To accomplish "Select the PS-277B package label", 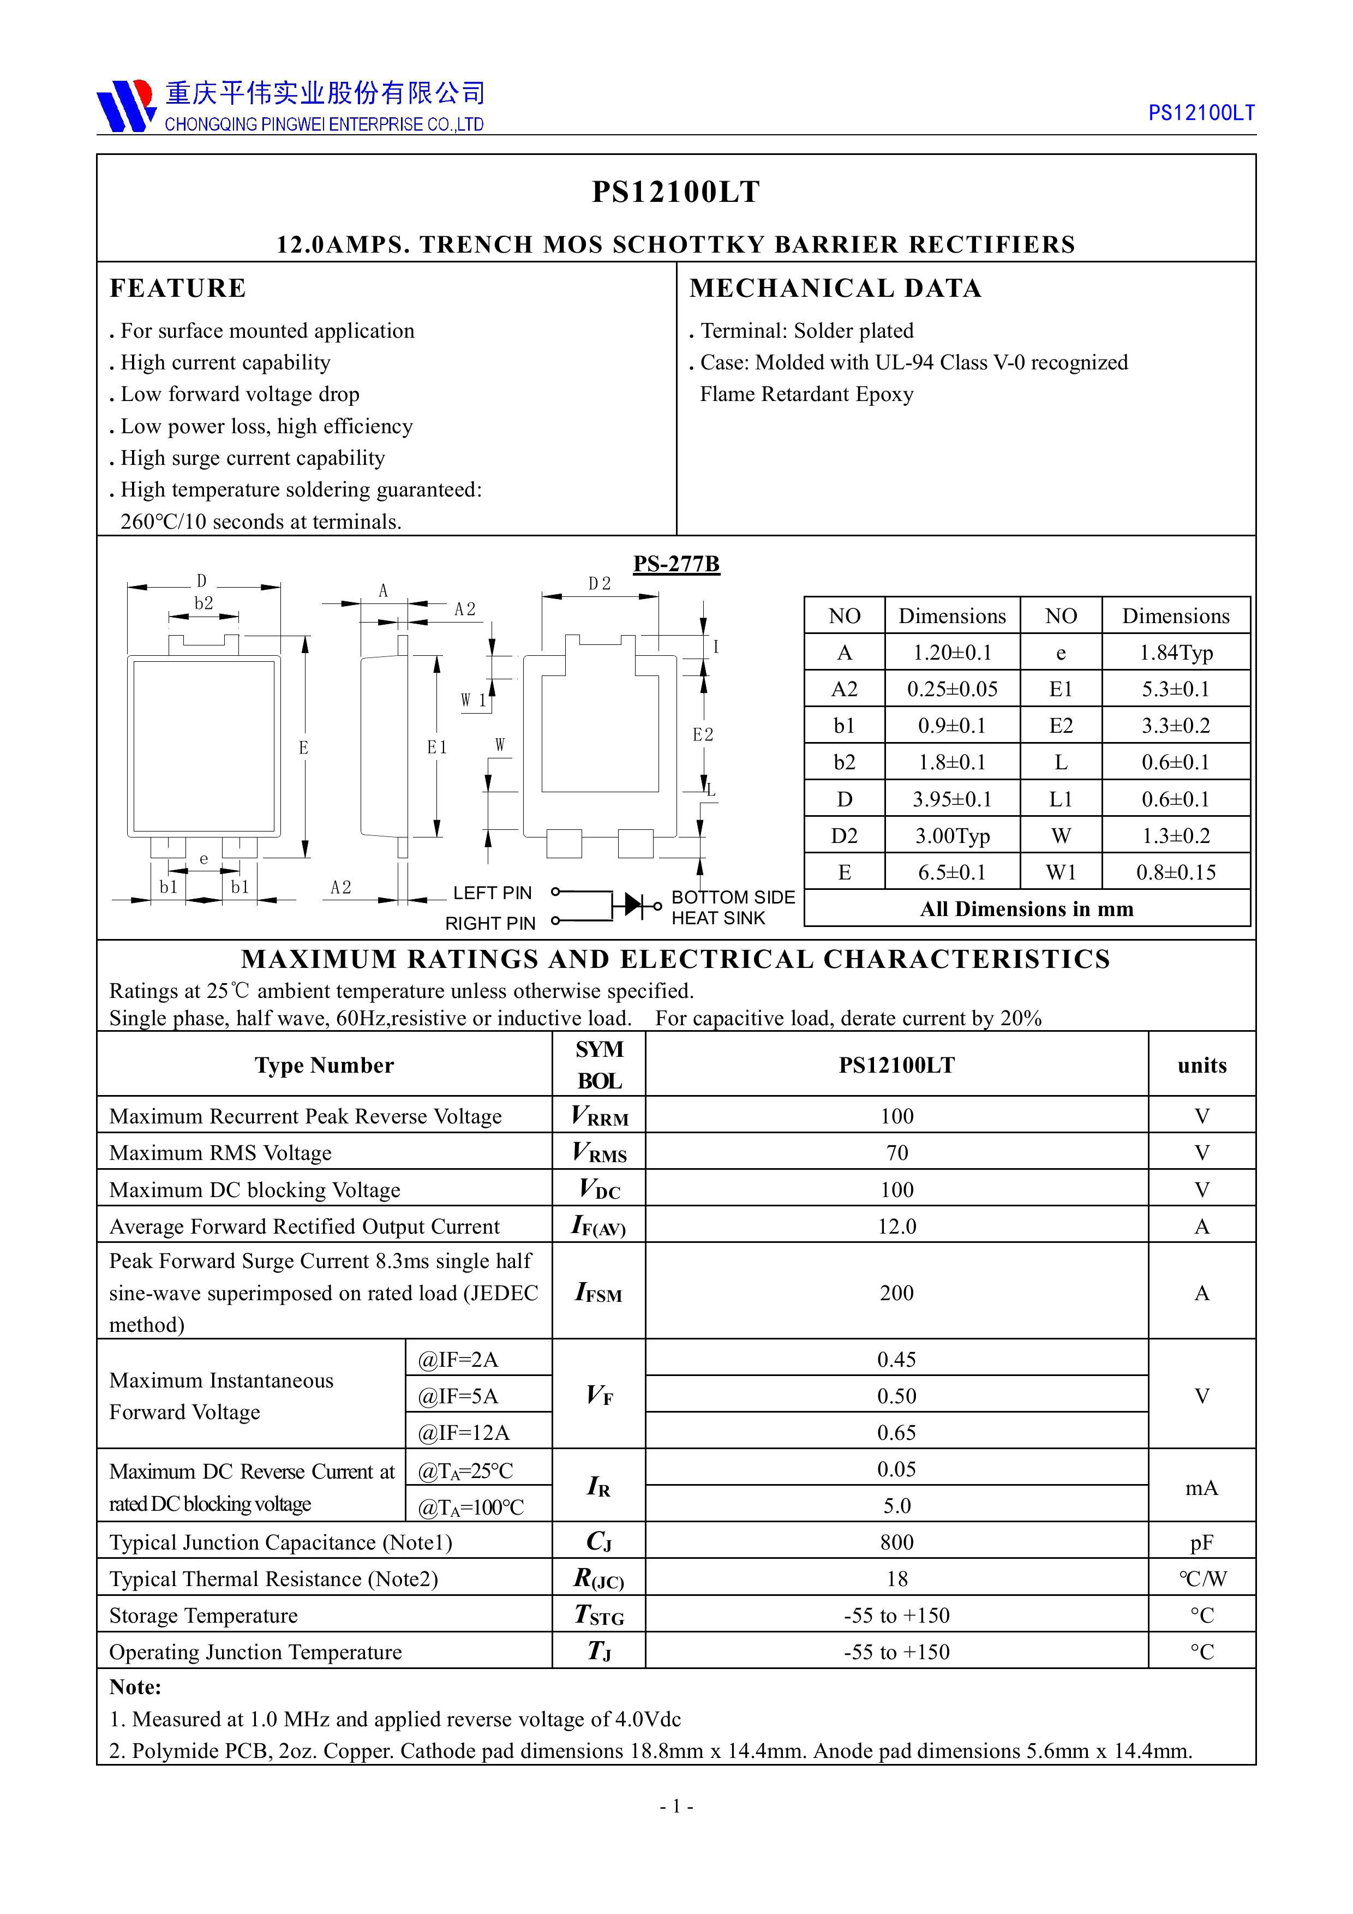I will click(x=675, y=564).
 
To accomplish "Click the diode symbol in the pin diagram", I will click(x=635, y=903).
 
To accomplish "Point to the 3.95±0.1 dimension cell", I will click(x=952, y=799).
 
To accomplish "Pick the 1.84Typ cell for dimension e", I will click(x=1176, y=653).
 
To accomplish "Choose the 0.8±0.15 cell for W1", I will click(x=1176, y=873).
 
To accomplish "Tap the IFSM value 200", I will click(x=896, y=1293).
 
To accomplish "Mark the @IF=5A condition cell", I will click(x=458, y=1396).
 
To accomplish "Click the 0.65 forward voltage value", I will click(x=896, y=1433).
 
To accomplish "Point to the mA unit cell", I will click(x=1201, y=1488).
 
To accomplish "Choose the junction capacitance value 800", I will click(x=896, y=1543).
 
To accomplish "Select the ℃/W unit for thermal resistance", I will click(x=1201, y=1580).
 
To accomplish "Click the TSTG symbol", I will click(x=598, y=1617).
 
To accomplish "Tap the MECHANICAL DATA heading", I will click(x=835, y=289).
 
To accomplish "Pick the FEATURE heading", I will click(x=177, y=289).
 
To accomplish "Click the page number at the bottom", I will click(x=676, y=1807).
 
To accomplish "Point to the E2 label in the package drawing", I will click(x=703, y=734).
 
